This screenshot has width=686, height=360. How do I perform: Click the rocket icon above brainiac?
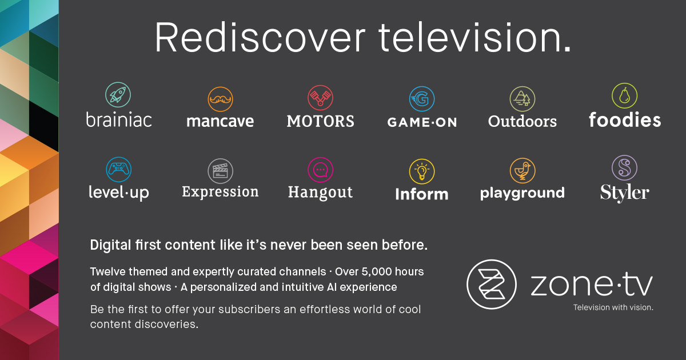(x=118, y=95)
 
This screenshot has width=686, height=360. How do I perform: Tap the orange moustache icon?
(x=220, y=99)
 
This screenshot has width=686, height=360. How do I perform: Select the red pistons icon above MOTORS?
(x=320, y=98)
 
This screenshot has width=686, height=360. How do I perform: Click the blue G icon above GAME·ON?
(x=422, y=99)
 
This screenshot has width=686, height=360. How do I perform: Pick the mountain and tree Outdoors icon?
(x=523, y=99)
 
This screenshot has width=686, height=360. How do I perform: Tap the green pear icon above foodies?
(x=624, y=95)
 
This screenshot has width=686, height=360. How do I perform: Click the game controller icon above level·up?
(x=118, y=170)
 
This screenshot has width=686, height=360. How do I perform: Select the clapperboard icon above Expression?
(x=220, y=171)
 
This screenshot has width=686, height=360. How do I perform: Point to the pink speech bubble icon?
(x=320, y=170)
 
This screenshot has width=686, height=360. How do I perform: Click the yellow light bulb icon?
(x=422, y=171)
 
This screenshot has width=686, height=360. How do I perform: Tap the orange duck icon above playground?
(x=523, y=170)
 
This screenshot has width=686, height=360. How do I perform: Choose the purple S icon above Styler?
(x=624, y=168)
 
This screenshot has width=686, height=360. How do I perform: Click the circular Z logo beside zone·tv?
(x=492, y=285)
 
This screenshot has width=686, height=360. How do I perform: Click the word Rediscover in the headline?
(x=260, y=38)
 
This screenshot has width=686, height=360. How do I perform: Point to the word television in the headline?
(x=474, y=38)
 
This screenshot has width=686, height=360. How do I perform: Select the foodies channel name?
(x=625, y=119)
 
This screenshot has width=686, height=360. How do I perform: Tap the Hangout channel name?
(x=320, y=193)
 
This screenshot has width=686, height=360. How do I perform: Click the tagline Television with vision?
(x=613, y=307)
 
